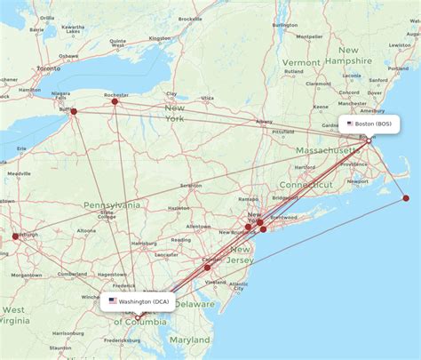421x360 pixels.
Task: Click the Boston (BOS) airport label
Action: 372,124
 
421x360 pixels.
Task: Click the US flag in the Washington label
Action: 113,301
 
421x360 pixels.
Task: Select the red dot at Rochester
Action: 115,101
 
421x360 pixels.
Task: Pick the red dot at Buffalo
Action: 74,111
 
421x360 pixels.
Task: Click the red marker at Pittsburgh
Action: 15,236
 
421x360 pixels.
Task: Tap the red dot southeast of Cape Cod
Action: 406,198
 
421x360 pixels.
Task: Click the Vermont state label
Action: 301,63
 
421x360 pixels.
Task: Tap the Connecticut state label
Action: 307,183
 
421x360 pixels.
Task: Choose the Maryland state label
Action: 190,340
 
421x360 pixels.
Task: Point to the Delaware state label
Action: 195,304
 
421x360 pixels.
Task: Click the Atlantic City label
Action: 237,285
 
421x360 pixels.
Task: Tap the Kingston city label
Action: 160,38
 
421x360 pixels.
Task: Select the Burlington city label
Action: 285,25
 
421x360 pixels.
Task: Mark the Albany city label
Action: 265,122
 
